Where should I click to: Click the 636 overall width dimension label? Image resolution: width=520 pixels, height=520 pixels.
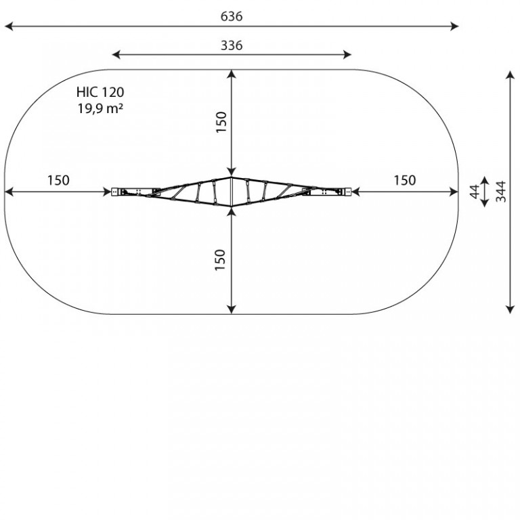pos(232,16)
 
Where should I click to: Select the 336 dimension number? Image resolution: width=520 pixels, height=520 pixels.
pos(232,45)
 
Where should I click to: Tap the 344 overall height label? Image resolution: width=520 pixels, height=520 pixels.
pos(501,192)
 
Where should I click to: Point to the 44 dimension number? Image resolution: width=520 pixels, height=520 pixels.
pos(475,192)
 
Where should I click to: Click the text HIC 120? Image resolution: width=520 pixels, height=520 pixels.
pos(100,92)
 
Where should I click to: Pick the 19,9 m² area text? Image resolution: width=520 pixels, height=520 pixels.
pos(101,108)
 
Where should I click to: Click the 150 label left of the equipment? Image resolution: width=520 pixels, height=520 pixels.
pos(58,180)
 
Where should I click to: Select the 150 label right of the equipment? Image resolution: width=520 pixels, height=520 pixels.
pos(405,180)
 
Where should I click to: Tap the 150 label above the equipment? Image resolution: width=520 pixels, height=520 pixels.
pos(221,122)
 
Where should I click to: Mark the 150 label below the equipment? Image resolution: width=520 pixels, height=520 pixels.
pos(220,260)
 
